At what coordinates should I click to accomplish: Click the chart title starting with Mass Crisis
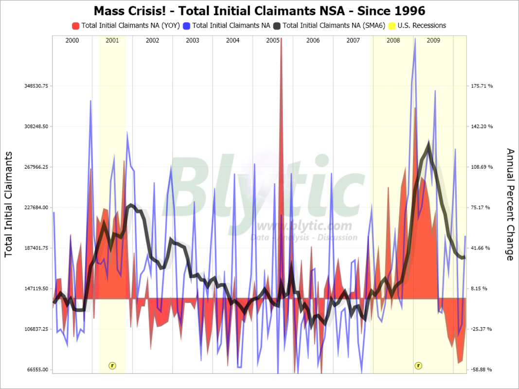pyautogui.click(x=259, y=10)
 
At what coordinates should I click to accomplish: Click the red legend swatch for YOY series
pyautogui.click(x=75, y=25)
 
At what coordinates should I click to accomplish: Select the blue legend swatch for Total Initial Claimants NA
pyautogui.click(x=186, y=25)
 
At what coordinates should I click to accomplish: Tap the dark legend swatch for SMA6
pyautogui.click(x=277, y=25)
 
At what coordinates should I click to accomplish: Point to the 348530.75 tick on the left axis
pyautogui.click(x=37, y=86)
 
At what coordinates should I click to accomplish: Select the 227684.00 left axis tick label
pyautogui.click(x=37, y=208)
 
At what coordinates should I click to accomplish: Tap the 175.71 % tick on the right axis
pyautogui.click(x=482, y=86)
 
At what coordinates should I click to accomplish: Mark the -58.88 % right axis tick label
pyautogui.click(x=482, y=370)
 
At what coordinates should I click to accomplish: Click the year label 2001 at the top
pyautogui.click(x=112, y=41)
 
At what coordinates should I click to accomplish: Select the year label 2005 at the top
pyautogui.click(x=273, y=41)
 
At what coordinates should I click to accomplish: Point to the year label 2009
pyautogui.click(x=433, y=41)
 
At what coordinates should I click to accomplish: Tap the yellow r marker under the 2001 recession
pyautogui.click(x=112, y=365)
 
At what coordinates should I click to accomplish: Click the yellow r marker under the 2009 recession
pyautogui.click(x=418, y=365)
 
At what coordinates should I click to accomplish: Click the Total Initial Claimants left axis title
pyautogui.click(x=9, y=204)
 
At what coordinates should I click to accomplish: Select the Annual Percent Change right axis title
pyautogui.click(x=510, y=204)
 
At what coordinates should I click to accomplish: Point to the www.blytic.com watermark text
pyautogui.click(x=304, y=226)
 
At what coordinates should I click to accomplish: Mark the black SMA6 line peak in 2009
pyautogui.click(x=429, y=144)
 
